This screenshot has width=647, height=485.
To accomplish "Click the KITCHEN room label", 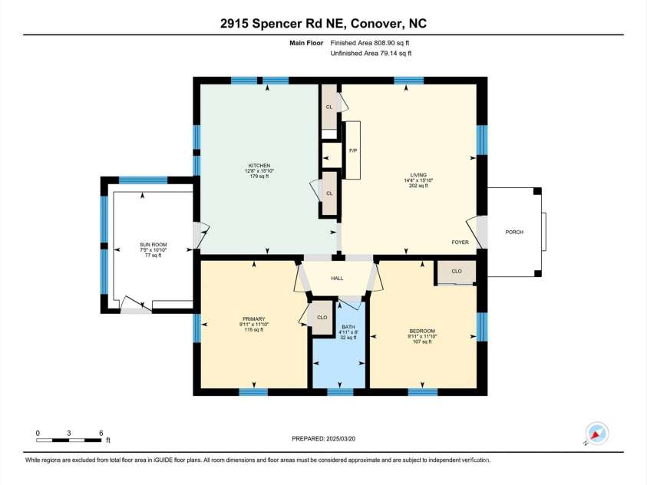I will [258, 165].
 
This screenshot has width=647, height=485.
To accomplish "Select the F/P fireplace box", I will [353, 150].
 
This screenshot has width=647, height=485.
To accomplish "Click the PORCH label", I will [513, 231].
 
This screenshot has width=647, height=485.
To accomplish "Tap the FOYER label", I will [460, 242].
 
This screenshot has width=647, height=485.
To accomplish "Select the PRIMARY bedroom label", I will [253, 318].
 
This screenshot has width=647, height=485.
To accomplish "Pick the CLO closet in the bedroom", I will [456, 271].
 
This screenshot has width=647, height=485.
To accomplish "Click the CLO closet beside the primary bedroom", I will [322, 317].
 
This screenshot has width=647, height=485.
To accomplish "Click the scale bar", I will [69, 440].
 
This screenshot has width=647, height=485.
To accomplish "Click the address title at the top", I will [323, 23].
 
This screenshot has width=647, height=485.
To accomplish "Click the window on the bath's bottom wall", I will [340, 392].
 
